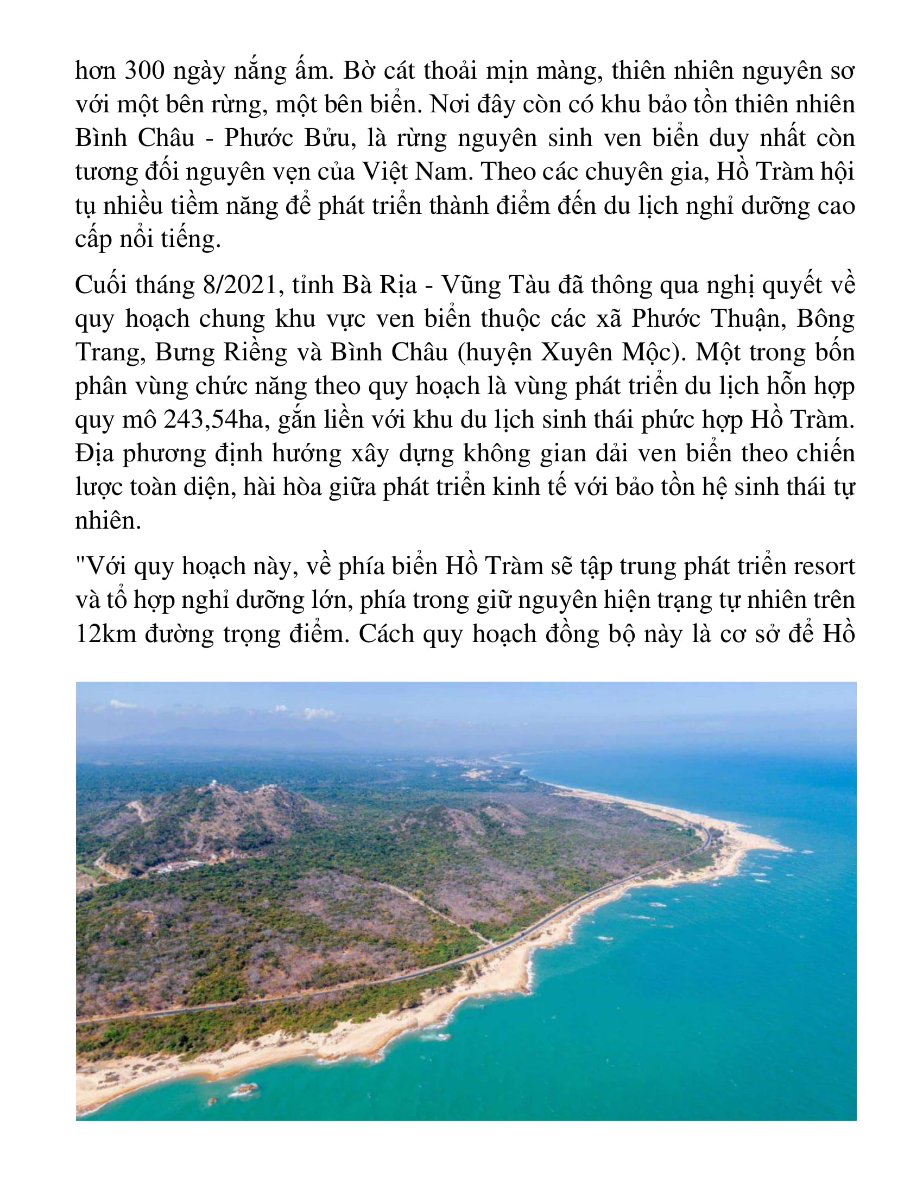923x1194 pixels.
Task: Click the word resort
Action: point(824,567)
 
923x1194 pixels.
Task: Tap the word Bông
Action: point(825,319)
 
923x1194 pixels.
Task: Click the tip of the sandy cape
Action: point(787,849)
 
